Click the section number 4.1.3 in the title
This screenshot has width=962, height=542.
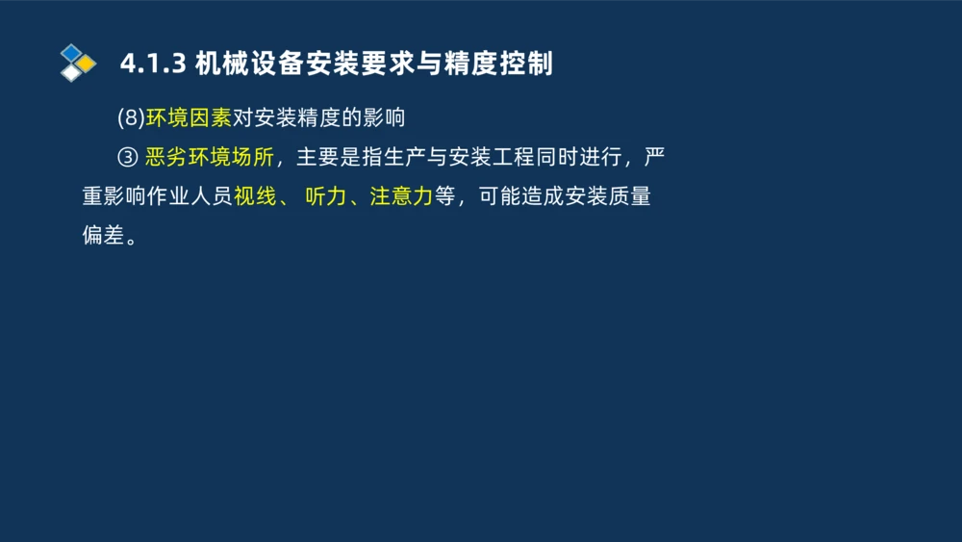point(152,64)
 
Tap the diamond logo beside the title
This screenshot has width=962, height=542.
point(78,63)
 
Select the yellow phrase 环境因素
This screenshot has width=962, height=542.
point(189,118)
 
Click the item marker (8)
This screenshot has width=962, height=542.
point(131,118)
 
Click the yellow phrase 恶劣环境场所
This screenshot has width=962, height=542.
point(209,157)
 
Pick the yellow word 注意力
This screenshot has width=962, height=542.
point(401,196)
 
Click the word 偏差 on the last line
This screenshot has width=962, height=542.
point(104,236)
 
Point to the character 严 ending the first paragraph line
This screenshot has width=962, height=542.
point(654,157)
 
